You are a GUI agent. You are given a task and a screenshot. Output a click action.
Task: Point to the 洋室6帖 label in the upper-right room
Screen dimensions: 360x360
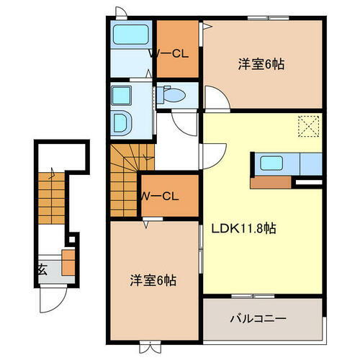tap(261, 64)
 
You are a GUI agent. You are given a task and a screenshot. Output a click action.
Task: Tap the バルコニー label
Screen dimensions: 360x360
tap(258, 318)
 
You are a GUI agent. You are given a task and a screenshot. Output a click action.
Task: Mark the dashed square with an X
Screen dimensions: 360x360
tap(307, 127)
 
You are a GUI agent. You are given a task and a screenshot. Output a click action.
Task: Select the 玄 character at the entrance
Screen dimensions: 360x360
tap(41, 271)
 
